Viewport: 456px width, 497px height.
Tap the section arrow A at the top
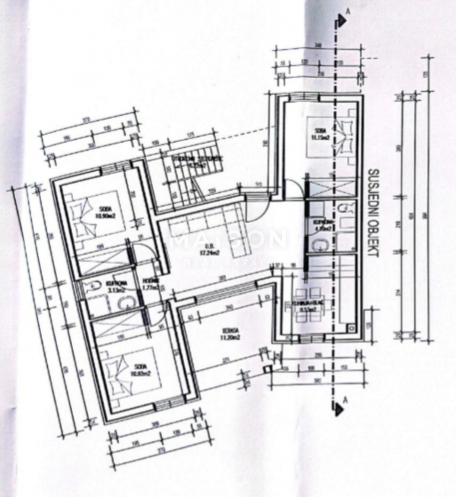pyautogui.click(x=341, y=19)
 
